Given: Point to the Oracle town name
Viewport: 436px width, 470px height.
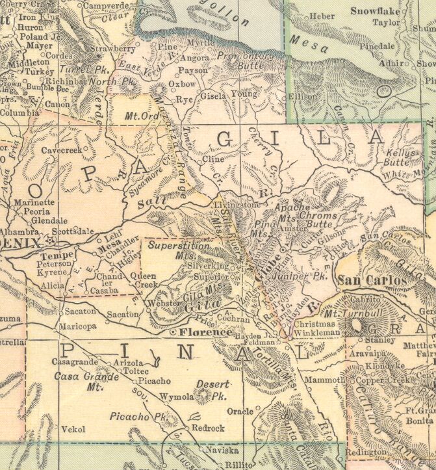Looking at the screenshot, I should [x=239, y=411].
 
